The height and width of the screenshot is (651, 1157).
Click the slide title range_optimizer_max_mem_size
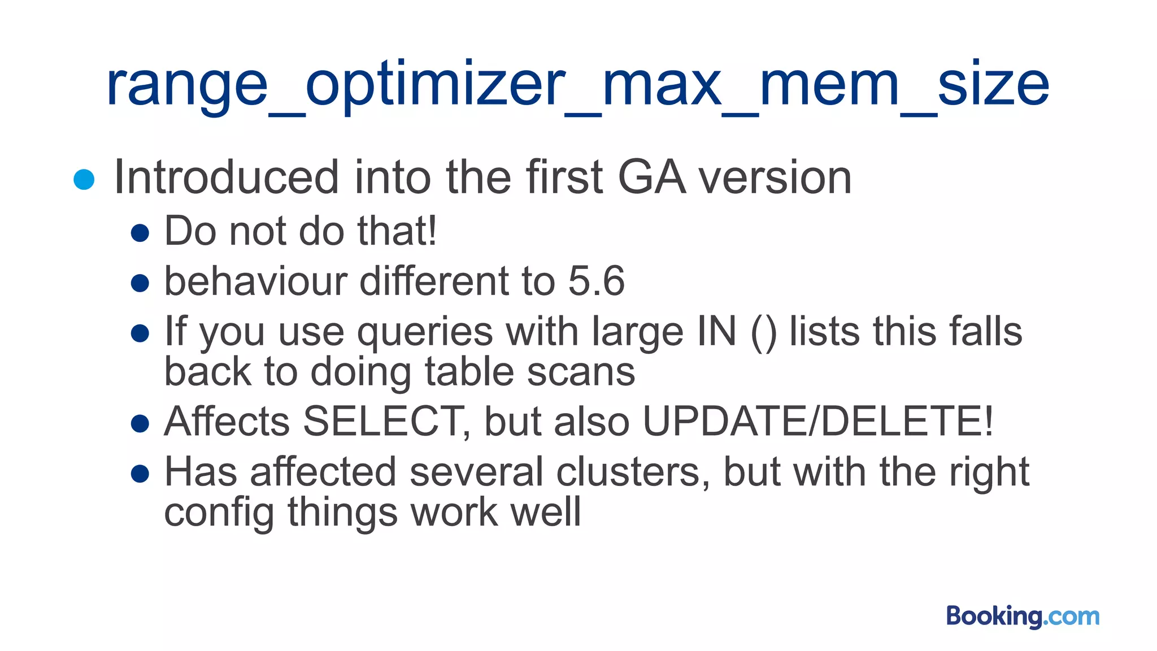[577, 85]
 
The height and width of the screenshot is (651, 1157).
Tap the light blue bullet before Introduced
[84, 180]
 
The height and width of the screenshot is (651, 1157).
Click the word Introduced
[226, 177]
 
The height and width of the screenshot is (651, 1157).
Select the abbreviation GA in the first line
[651, 177]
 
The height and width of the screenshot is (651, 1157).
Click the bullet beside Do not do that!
[140, 233]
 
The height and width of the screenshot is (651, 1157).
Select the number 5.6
[596, 281]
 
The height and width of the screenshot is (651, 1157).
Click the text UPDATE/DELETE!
[817, 422]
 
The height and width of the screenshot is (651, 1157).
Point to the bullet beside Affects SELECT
[140, 423]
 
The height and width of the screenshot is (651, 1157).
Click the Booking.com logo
[1023, 616]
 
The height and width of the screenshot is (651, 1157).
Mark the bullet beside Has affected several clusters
[140, 474]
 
